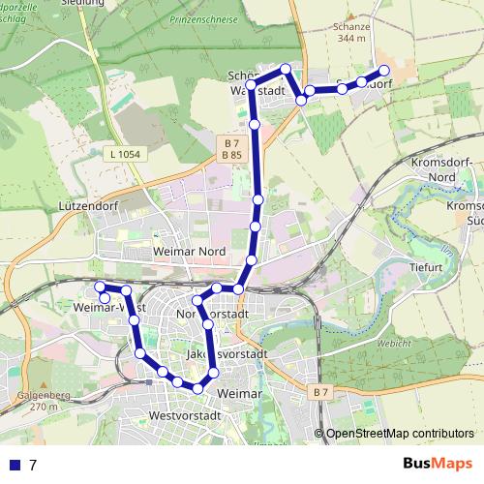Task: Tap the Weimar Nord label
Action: click(189, 252)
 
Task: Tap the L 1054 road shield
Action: click(128, 154)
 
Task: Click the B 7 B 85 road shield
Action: click(230, 148)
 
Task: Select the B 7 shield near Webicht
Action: click(321, 391)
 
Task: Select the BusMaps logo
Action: click(437, 464)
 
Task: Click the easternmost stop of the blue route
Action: click(383, 70)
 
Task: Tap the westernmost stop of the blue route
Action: click(99, 287)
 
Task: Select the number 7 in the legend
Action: click(33, 465)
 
